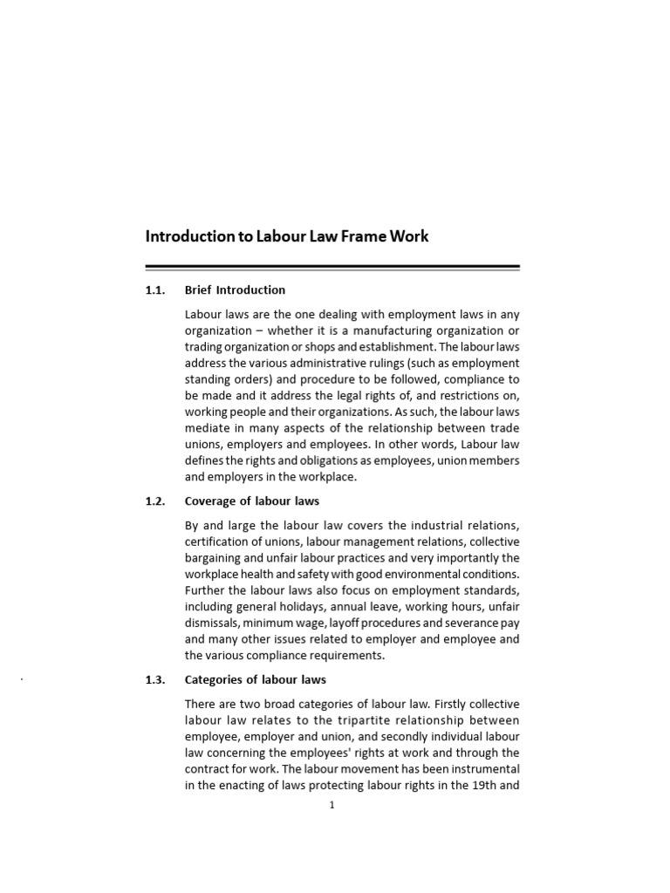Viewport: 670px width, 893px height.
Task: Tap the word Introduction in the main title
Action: (x=185, y=236)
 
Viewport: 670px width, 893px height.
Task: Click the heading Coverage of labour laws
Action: (x=252, y=501)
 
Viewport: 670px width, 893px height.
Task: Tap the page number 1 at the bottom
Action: (x=332, y=805)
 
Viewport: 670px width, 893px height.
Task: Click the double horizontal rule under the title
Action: (x=332, y=268)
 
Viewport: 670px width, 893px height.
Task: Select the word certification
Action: (x=218, y=542)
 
